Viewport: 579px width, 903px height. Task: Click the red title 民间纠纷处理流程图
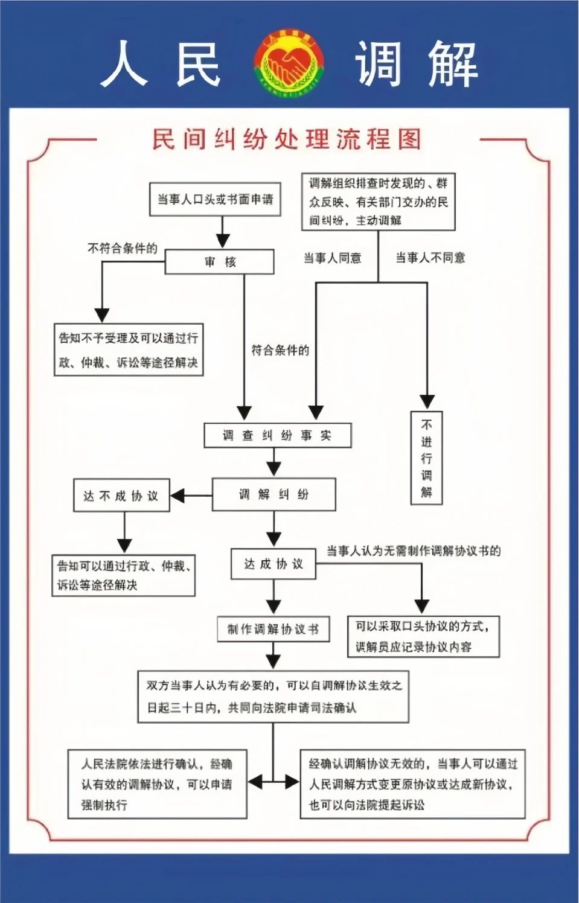(x=286, y=139)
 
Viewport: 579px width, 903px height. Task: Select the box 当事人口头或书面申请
(x=215, y=199)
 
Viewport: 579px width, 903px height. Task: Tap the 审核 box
(x=219, y=262)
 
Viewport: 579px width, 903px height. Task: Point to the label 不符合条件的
(x=122, y=248)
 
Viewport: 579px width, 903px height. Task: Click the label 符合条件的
(x=280, y=350)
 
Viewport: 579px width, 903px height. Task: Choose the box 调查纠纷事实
(x=277, y=435)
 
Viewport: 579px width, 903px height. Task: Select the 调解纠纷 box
(x=274, y=494)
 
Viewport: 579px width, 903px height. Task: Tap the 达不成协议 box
(x=121, y=496)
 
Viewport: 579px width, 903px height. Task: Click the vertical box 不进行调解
(x=426, y=458)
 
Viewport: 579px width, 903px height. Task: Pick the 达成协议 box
(x=273, y=564)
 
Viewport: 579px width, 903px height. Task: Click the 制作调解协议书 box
(x=273, y=630)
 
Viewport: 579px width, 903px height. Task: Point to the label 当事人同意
(x=332, y=258)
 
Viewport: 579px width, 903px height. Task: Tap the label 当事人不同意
(x=430, y=258)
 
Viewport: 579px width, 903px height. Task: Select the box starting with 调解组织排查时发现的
(x=378, y=202)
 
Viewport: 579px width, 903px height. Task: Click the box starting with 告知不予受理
(x=128, y=350)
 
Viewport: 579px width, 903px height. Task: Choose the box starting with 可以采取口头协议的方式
(x=423, y=636)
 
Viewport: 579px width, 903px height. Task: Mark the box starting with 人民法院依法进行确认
(x=157, y=783)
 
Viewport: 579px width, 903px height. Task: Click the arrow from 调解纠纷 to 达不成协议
(x=191, y=496)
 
